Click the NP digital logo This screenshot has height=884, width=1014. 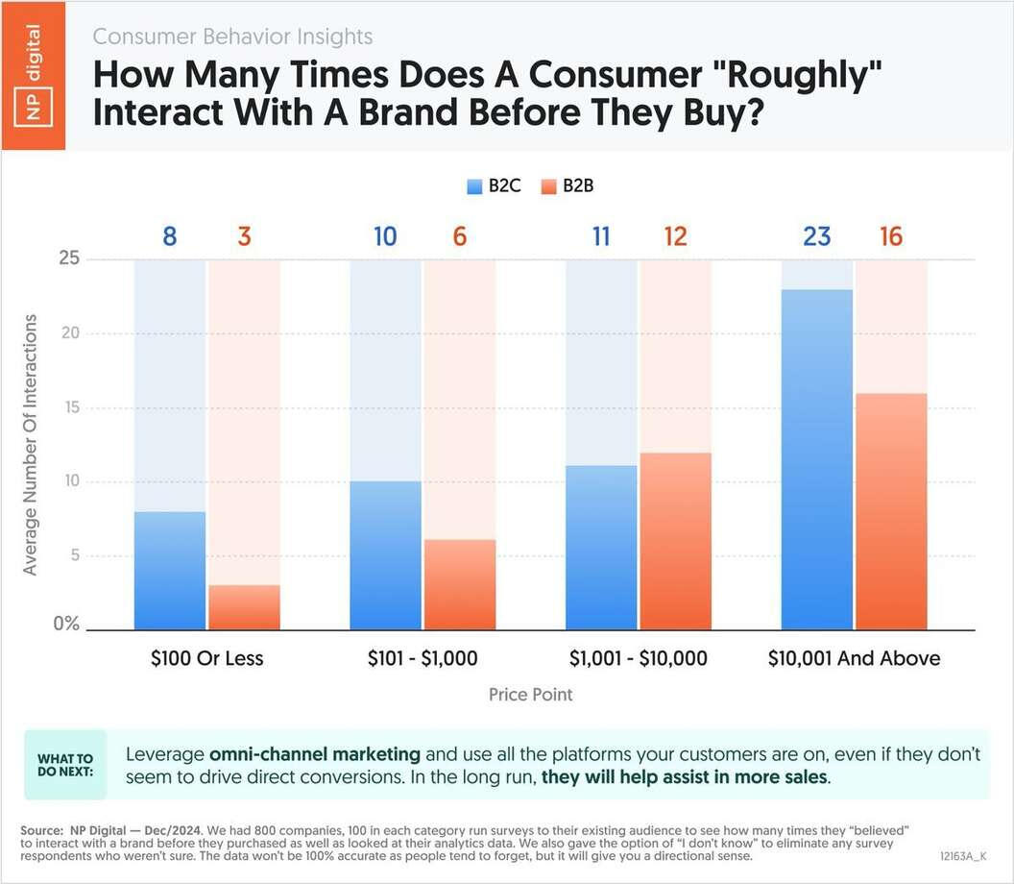[34, 76]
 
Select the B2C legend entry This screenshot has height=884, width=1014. [495, 186]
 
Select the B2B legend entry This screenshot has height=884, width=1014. [567, 186]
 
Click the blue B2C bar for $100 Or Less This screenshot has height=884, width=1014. [170, 571]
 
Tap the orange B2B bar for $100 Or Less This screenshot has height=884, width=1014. [244, 607]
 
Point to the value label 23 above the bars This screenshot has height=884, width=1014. [816, 235]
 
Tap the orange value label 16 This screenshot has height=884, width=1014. [891, 235]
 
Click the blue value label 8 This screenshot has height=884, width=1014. [170, 235]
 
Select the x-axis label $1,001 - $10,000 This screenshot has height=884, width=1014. [638, 658]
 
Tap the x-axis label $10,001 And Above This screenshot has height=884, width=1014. [854, 658]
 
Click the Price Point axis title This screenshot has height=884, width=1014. [530, 694]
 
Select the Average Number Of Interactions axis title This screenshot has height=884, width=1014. [30, 444]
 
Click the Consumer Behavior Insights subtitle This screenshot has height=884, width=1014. [232, 37]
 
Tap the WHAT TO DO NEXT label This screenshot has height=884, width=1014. [65, 764]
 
